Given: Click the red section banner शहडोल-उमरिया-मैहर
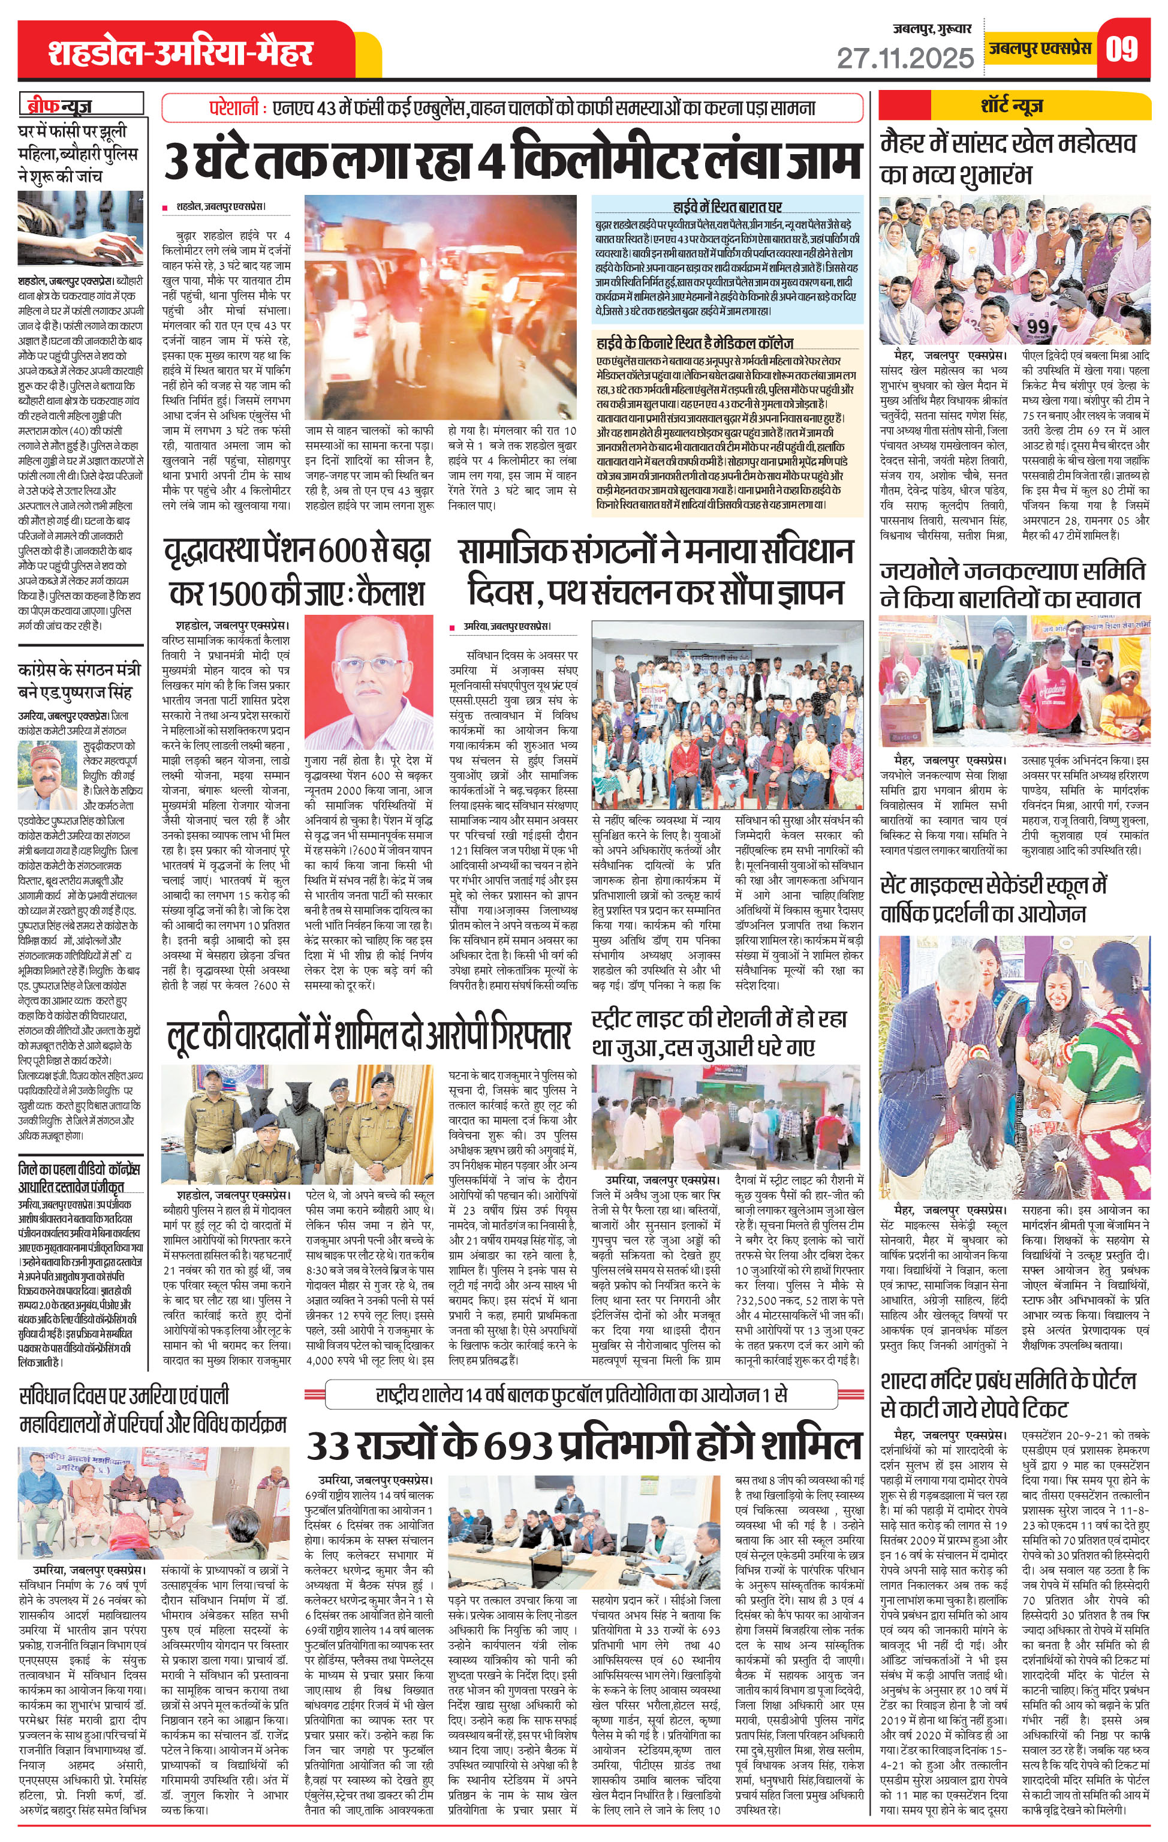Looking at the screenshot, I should [180, 53].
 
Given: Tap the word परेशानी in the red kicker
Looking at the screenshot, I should [233, 109].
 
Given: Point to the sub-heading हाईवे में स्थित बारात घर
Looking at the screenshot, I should [727, 206].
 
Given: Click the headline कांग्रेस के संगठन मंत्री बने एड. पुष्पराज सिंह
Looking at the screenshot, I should [80, 681].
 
